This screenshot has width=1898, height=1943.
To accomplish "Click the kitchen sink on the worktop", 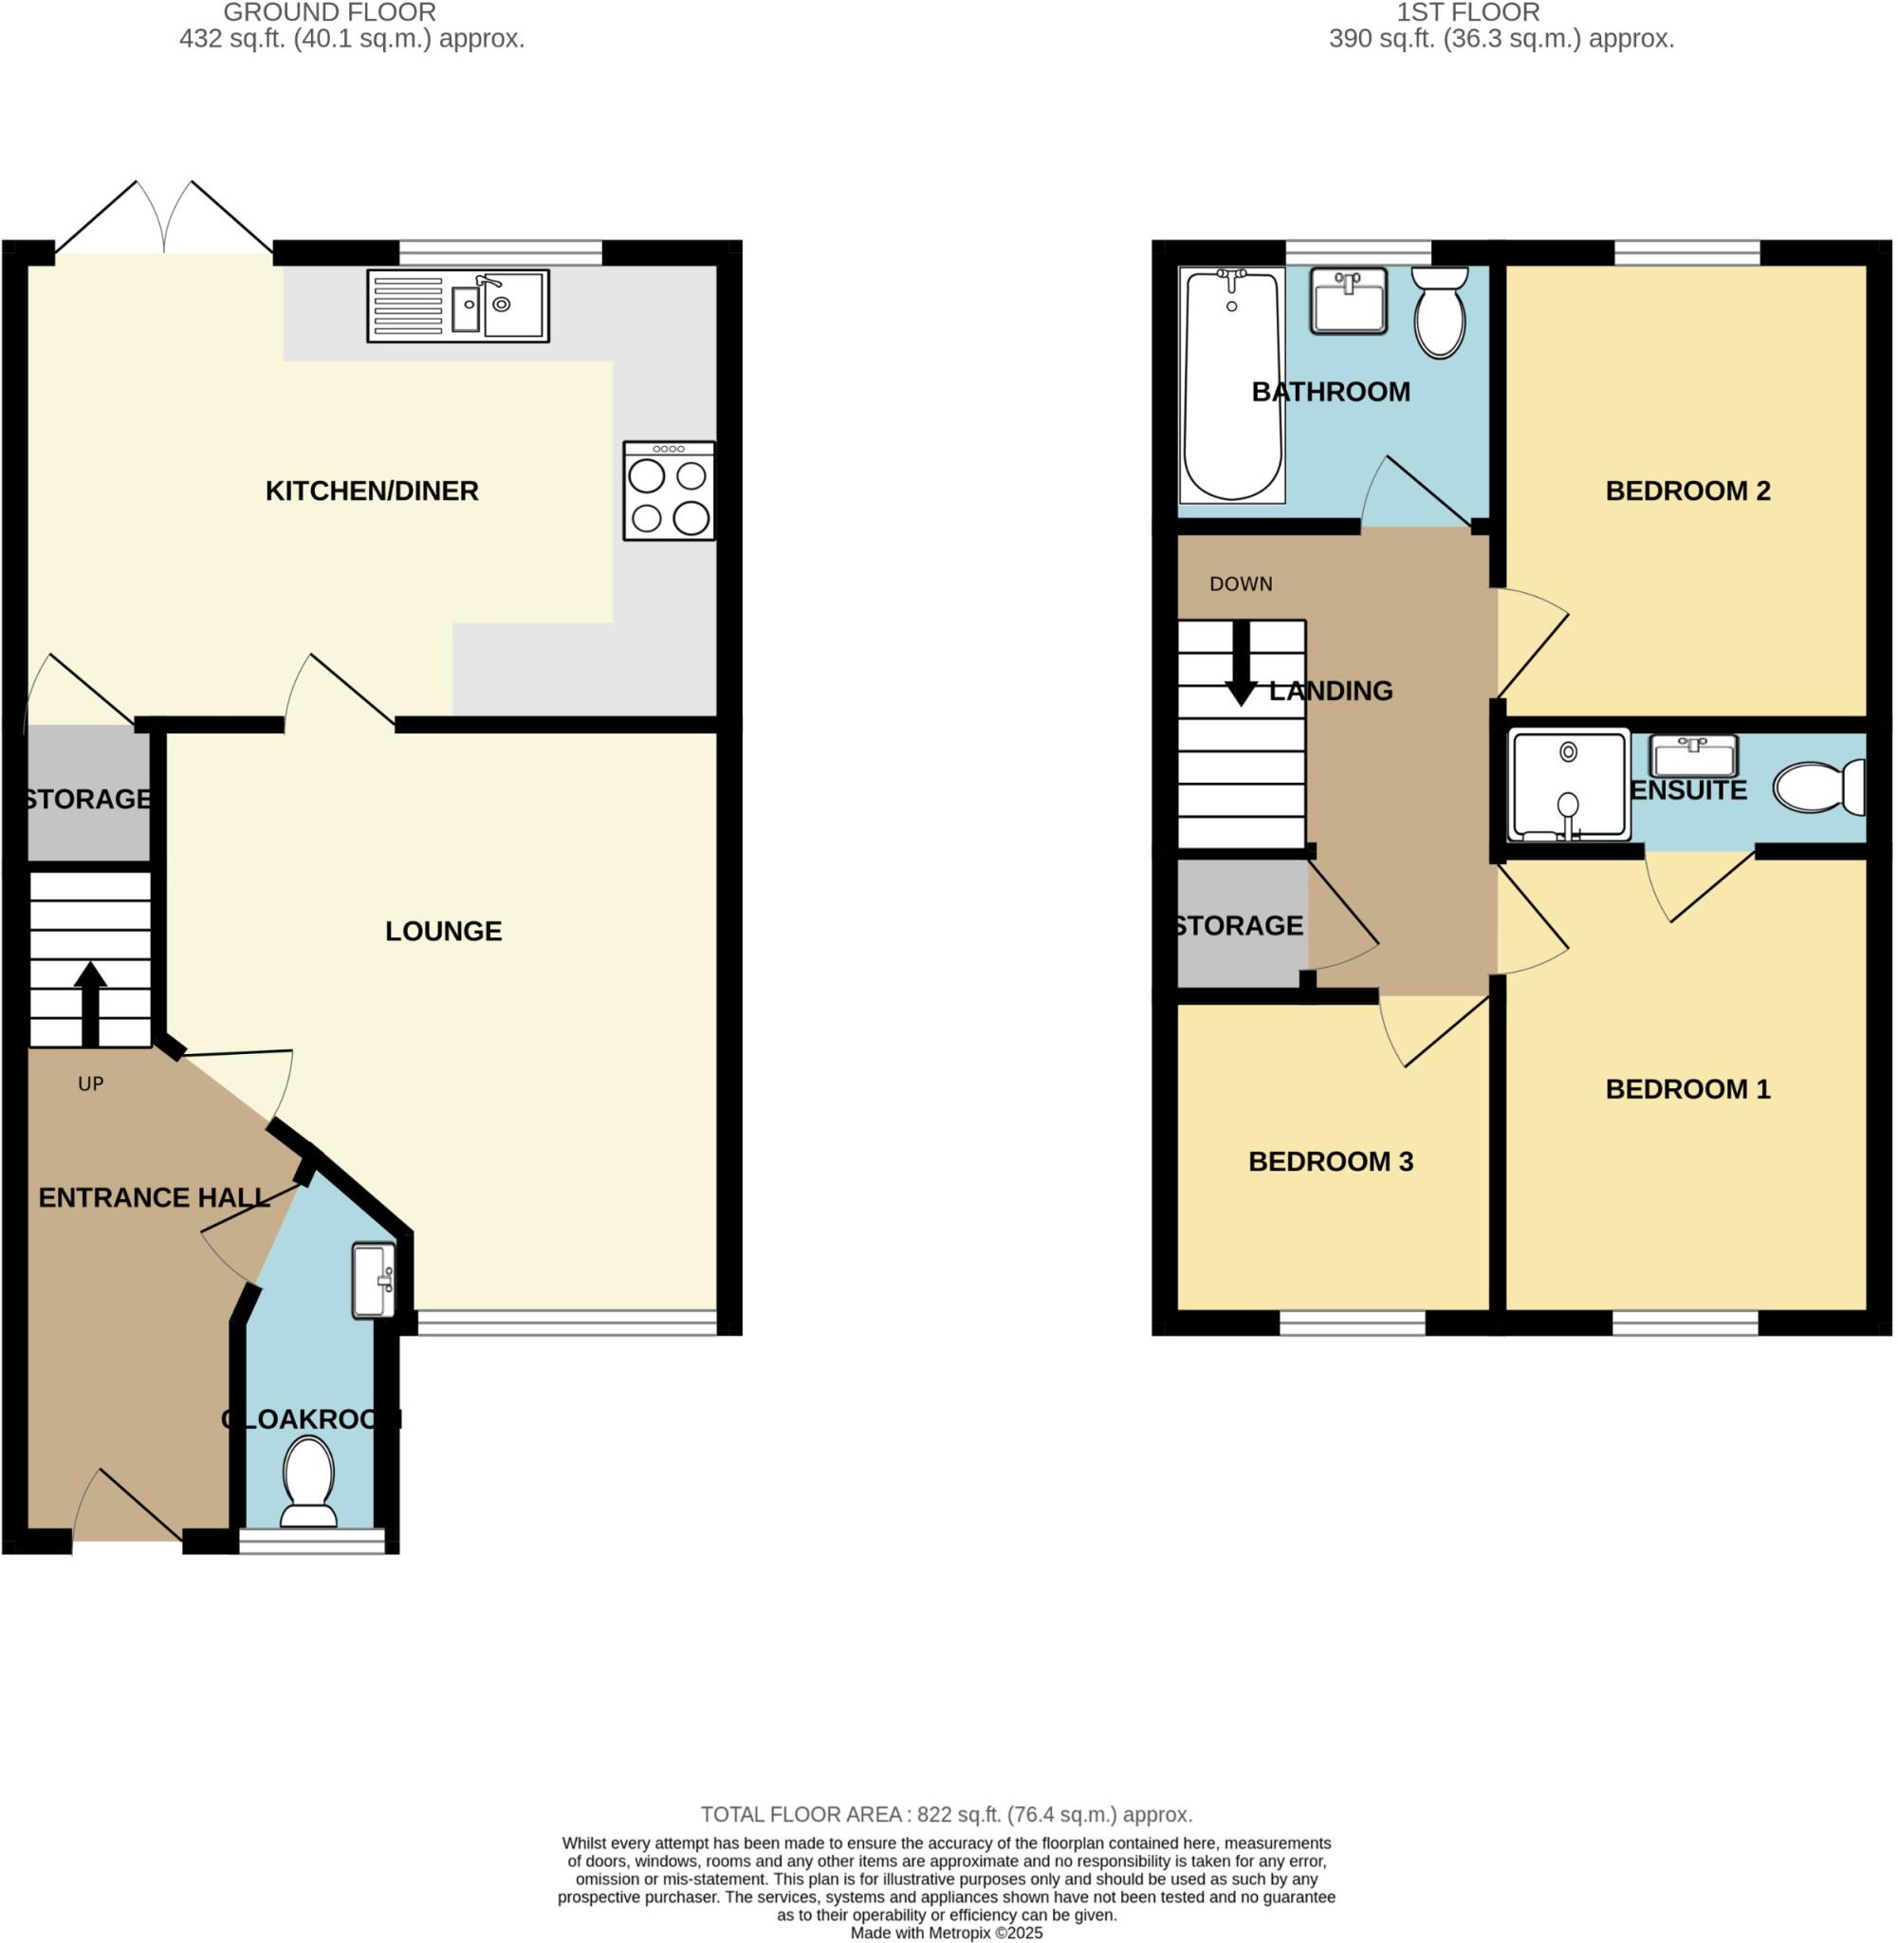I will (458, 306).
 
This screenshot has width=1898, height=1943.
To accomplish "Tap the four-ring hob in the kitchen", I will (669, 491).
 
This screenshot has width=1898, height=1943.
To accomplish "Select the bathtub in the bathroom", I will (1231, 385).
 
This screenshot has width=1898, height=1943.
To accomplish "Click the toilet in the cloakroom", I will (308, 1480).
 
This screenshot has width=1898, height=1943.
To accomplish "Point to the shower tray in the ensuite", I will (1569, 786).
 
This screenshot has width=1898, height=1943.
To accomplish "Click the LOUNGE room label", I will (444, 932).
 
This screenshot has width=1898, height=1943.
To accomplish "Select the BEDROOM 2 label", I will (1687, 491).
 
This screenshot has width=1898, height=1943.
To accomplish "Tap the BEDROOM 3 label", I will (1331, 1162).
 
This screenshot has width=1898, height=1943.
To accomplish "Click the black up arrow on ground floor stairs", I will (90, 1002).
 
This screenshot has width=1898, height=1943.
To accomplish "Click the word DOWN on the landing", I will (1241, 585).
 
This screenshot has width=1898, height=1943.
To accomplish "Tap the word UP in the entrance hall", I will (91, 1084).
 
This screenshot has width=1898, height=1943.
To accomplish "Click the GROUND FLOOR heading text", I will (329, 13).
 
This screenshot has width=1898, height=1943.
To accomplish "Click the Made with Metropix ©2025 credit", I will (947, 1933).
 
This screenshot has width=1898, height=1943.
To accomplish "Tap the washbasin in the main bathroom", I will (1349, 300).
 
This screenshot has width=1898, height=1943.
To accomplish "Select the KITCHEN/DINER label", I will (372, 491).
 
